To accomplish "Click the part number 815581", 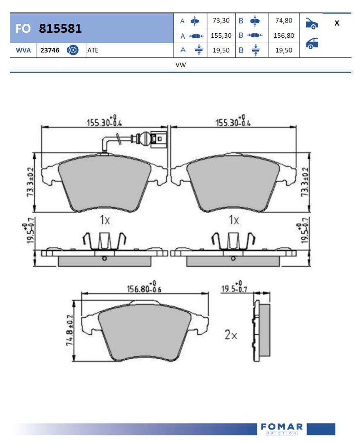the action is [60, 29].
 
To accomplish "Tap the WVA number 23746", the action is [50, 50].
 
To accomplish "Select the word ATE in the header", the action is [93, 50].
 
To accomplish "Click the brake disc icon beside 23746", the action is [73, 50].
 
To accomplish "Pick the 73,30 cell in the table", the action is [221, 21].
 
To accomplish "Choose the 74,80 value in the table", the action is [284, 21].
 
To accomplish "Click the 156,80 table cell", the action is [284, 35].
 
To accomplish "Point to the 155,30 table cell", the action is [221, 35].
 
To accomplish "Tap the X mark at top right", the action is [337, 23].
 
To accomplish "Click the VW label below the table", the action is [181, 65].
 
